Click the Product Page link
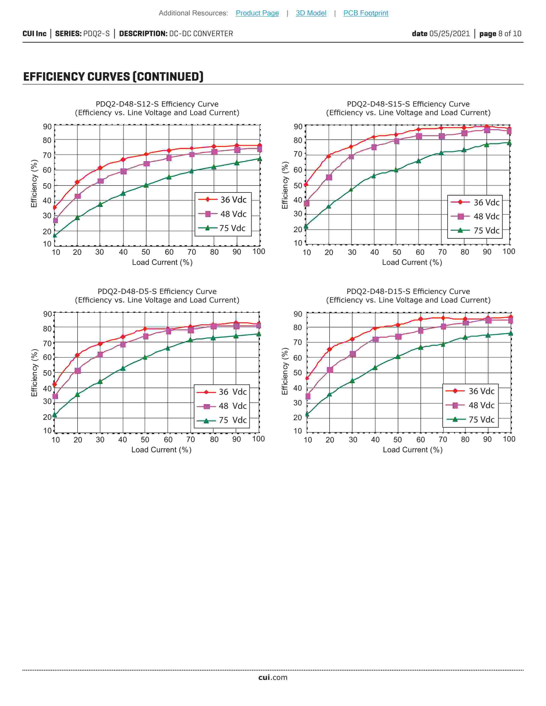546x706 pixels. click(257, 13)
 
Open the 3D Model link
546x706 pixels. click(311, 13)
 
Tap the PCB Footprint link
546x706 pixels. click(365, 13)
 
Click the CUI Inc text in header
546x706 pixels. click(34, 34)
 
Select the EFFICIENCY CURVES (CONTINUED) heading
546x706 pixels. click(113, 77)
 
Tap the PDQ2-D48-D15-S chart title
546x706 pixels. click(408, 291)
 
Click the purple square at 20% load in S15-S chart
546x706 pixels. click(329, 178)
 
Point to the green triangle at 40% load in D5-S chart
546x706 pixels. click(123, 368)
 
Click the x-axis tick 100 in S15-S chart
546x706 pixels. click(509, 252)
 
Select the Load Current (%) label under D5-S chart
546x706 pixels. click(161, 450)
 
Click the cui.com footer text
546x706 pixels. click(273, 677)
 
